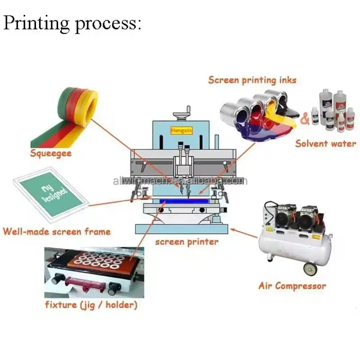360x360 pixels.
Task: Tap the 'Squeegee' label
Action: click(51, 153)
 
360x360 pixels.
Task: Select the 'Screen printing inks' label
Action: click(252, 80)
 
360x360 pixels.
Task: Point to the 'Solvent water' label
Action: click(325, 144)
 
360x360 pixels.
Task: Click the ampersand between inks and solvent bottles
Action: click(305, 119)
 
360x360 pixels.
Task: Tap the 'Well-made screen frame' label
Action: click(56, 232)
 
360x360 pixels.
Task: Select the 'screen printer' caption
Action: click(187, 242)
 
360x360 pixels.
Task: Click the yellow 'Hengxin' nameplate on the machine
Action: click(181, 130)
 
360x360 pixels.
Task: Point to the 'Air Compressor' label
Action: click(292, 285)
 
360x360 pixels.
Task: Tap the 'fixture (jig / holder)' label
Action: click(91, 305)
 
